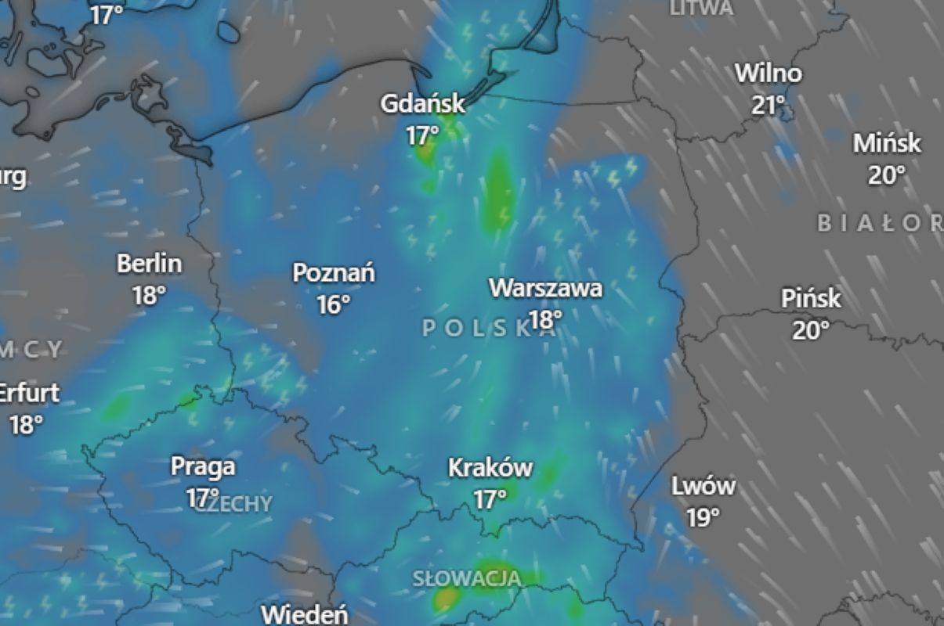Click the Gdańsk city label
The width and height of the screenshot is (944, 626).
coord(422,103)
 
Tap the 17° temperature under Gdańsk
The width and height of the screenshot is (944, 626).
coord(422,136)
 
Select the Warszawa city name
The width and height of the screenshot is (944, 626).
coord(546,288)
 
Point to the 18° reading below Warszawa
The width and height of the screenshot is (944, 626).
coord(545,319)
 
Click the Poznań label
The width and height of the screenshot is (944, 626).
coord(334,273)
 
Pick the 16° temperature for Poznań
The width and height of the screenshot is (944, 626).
coord(334,304)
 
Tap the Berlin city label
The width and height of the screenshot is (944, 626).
coord(149,264)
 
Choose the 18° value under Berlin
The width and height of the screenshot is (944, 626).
coord(149,296)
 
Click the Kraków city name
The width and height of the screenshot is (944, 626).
coord(490,468)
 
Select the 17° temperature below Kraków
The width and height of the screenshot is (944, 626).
coord(490,499)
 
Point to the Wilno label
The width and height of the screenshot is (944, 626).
coord(769,74)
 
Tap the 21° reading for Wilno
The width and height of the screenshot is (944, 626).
coord(769,105)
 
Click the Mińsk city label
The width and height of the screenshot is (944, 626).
coord(887,143)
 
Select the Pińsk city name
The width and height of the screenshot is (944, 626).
coord(811,298)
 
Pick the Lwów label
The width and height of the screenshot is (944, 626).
coord(703,486)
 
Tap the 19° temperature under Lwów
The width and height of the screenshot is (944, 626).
coord(703,518)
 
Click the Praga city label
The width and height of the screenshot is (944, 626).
coord(203,466)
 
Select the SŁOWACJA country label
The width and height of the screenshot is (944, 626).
coord(467,579)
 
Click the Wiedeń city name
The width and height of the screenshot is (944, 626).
coord(305,614)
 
